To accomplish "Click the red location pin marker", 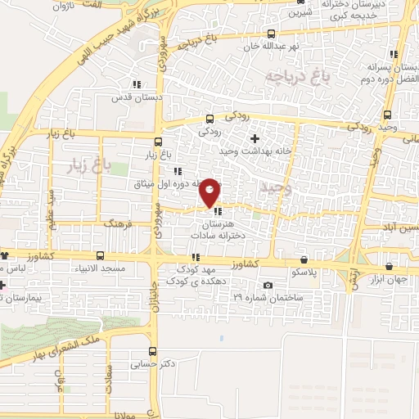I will tap(209, 191).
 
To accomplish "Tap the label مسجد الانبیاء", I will tap(101, 269).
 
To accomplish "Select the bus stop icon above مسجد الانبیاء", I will tap(101, 255).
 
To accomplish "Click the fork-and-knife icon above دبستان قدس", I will tap(137, 83).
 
